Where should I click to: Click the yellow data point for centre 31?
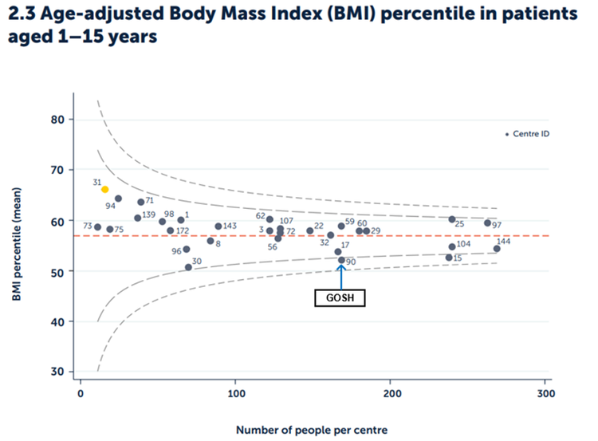(104, 189)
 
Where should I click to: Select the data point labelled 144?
(497, 249)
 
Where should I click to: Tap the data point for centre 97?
(487, 223)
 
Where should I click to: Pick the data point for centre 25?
(451, 219)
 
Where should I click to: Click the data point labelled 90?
(341, 260)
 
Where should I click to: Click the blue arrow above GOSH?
(341, 275)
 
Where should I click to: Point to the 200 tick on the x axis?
(391, 395)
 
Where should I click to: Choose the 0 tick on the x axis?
(81, 395)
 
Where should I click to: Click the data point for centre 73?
(97, 227)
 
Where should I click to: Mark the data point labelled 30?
(188, 267)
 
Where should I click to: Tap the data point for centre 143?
(218, 226)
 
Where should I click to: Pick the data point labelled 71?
(140, 202)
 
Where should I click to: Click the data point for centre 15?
(448, 258)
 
